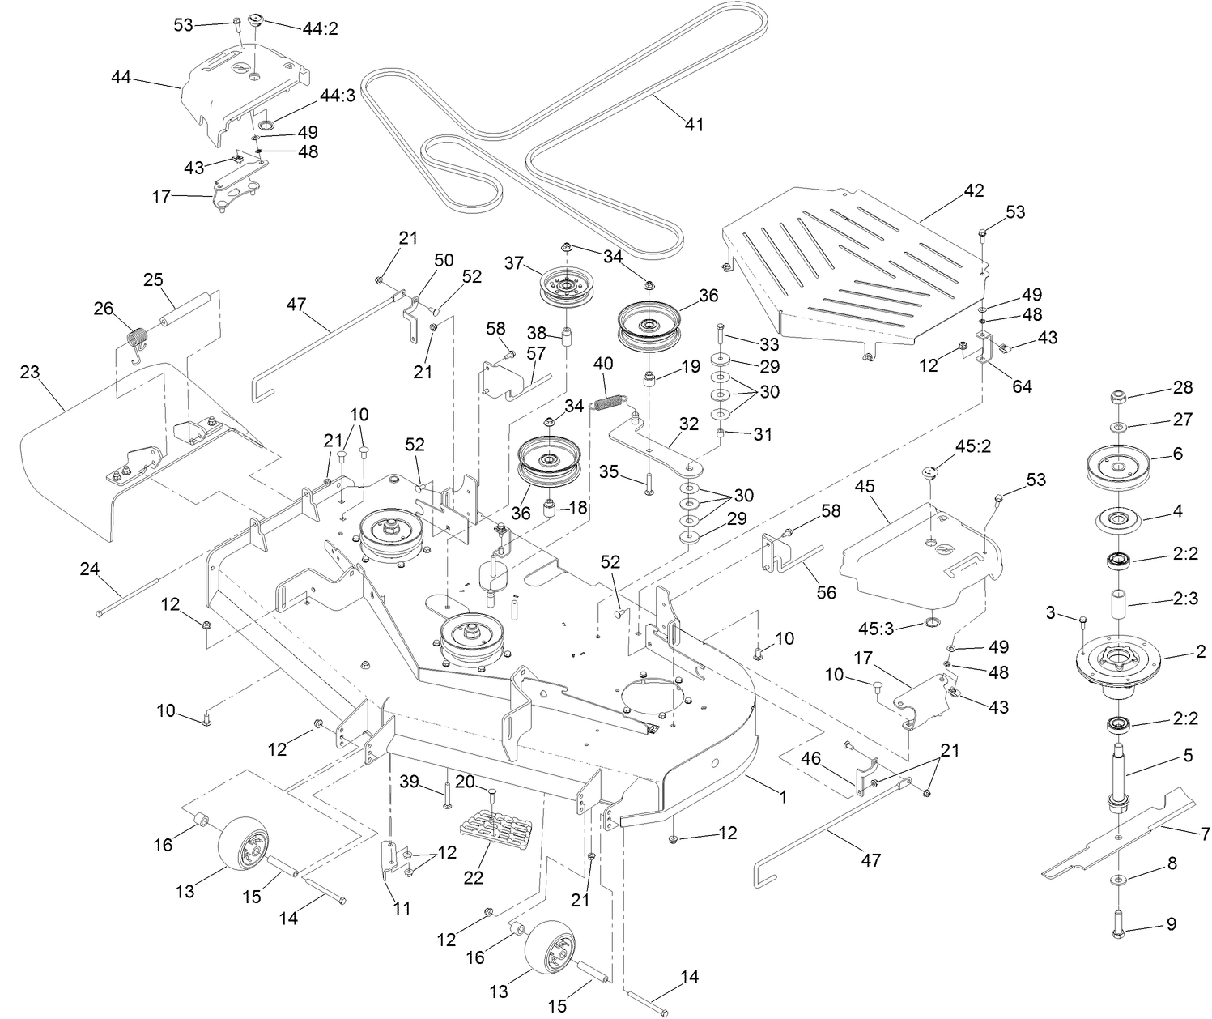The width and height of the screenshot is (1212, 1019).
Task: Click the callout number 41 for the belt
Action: [x=694, y=124]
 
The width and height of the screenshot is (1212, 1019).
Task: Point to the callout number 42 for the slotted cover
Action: [x=973, y=190]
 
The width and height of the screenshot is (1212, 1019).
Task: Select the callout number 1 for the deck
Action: [x=782, y=796]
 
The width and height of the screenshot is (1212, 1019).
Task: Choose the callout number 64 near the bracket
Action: [x=1022, y=386]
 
